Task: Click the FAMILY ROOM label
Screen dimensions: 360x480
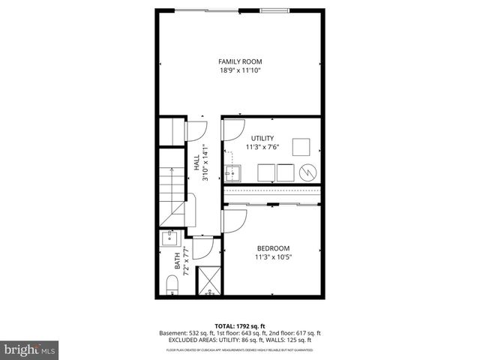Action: point(240,61)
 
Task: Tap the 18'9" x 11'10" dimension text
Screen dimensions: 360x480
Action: point(240,70)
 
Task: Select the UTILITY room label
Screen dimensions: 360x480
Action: point(262,138)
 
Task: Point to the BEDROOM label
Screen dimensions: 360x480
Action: point(273,248)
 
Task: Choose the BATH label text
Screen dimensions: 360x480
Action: point(178,265)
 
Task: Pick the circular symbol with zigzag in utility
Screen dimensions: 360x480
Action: point(307,172)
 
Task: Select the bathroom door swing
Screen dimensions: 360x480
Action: point(202,247)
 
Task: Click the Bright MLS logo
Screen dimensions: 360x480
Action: point(29,350)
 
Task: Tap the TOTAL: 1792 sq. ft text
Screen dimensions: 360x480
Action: point(240,325)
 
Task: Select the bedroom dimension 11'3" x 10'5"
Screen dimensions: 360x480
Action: point(273,257)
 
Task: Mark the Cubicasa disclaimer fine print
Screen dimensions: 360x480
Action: point(240,349)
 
